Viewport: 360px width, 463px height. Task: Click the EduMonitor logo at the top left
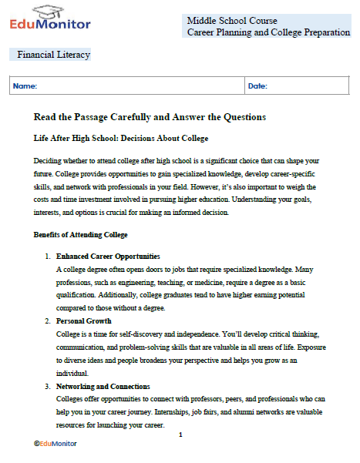pyautogui.click(x=51, y=20)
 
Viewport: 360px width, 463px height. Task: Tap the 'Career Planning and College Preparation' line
pyautogui.click(x=267, y=32)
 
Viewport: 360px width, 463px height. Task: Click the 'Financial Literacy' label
pyautogui.click(x=53, y=55)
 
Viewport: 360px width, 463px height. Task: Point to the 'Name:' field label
pyautogui.click(x=25, y=86)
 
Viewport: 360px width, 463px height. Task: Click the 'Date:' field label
pyautogui.click(x=257, y=86)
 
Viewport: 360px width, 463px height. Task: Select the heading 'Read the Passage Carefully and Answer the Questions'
pyautogui.click(x=150, y=117)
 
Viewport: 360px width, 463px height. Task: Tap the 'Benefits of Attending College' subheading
pyautogui.click(x=81, y=233)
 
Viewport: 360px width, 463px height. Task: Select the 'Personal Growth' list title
pyautogui.click(x=84, y=320)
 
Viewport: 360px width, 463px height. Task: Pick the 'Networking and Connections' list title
pyautogui.click(x=103, y=385)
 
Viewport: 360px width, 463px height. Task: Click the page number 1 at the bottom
pyautogui.click(x=180, y=435)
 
